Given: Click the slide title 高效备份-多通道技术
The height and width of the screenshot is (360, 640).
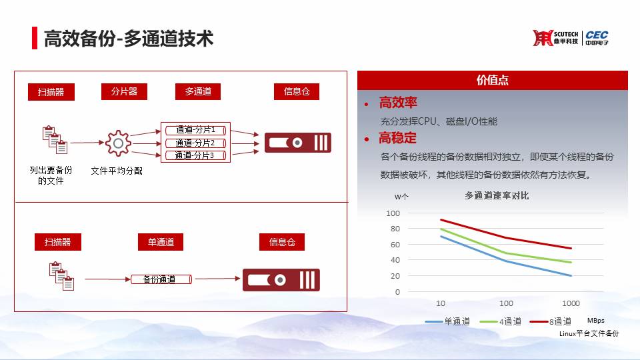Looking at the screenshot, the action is (x=129, y=39).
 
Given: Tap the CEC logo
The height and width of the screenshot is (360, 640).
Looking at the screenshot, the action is (x=597, y=37).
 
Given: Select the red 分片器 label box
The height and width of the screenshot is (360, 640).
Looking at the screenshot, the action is (x=124, y=91).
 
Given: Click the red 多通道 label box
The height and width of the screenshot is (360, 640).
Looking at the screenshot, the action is (x=198, y=91).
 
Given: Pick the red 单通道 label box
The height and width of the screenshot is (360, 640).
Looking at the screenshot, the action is (x=161, y=242).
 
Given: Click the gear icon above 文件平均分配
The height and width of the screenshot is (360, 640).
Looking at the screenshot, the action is (x=118, y=143).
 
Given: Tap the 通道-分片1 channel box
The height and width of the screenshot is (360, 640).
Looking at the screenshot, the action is (x=195, y=130).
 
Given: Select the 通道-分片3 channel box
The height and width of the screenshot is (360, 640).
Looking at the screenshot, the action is (x=195, y=155).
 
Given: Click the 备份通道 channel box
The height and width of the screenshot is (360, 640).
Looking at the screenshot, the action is (x=161, y=279).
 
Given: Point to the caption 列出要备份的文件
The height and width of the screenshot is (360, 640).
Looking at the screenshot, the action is (x=51, y=175).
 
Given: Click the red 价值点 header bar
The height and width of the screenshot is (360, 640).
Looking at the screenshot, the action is (x=492, y=80).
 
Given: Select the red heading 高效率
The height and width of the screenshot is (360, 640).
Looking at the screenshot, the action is (x=398, y=103).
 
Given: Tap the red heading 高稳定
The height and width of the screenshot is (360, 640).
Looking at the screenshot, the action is (x=397, y=139).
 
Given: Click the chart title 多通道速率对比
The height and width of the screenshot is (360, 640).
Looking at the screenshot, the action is (x=497, y=196).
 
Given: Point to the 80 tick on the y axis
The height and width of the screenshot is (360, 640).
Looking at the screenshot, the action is (x=395, y=229).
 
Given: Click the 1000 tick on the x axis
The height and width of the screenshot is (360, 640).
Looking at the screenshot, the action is (x=571, y=303).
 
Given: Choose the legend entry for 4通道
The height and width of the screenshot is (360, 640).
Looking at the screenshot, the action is (x=501, y=321).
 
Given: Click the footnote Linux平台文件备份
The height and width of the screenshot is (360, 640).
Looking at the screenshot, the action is (x=589, y=333).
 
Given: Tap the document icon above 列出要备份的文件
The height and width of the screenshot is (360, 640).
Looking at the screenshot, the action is (x=55, y=139).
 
